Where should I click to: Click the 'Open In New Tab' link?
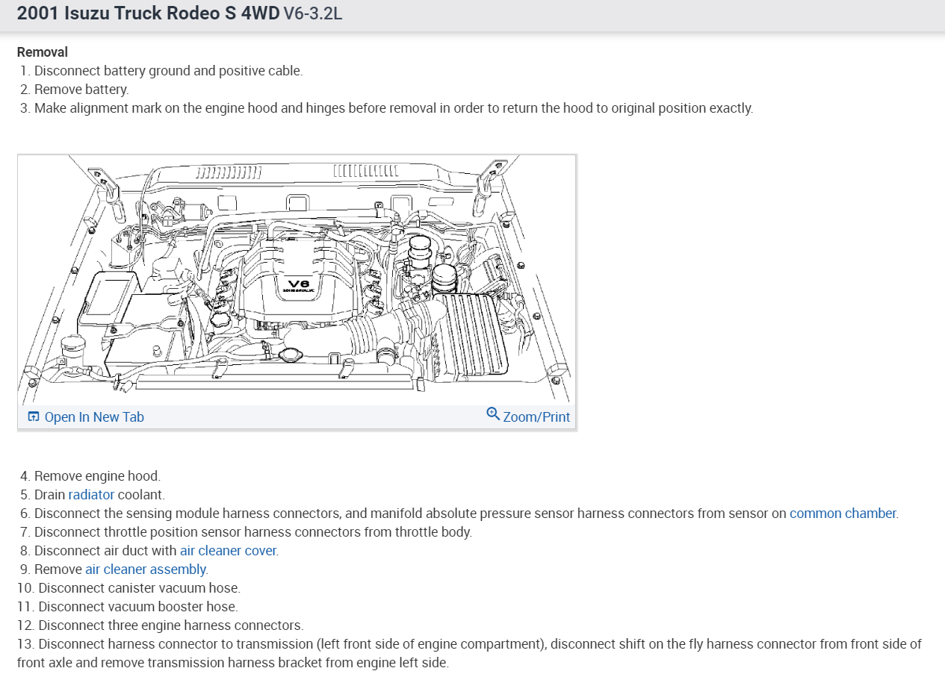[x=93, y=417]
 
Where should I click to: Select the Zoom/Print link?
[x=536, y=417]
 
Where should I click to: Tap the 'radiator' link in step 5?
[x=91, y=495]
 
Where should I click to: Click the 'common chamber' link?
[x=843, y=514]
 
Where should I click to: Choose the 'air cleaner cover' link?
[x=228, y=551]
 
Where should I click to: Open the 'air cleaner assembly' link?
[x=146, y=570]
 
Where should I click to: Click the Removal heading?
[x=43, y=52]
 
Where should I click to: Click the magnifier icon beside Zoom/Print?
[x=493, y=414]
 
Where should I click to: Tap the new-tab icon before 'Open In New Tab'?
[x=33, y=417]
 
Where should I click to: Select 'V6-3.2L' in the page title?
[x=312, y=13]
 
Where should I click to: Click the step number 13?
[x=25, y=644]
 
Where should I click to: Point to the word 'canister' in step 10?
[x=127, y=588]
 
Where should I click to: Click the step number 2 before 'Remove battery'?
[x=25, y=90]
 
